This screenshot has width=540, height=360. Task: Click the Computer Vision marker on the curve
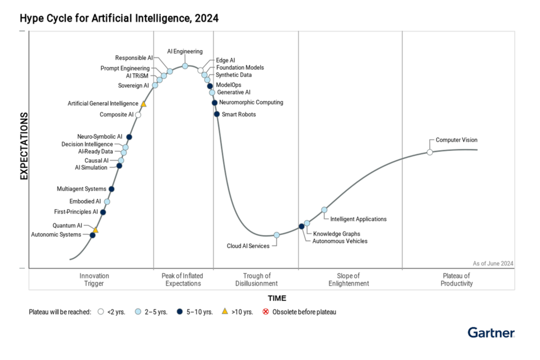point(429,152)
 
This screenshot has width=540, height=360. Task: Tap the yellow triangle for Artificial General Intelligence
point(143,104)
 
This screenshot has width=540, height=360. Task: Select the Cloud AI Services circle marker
point(277,235)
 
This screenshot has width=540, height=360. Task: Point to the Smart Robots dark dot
point(217,114)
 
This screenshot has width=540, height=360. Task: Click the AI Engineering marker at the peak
point(185,66)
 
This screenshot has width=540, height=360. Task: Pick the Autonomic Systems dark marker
point(92,235)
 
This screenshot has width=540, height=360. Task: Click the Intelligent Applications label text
point(358,219)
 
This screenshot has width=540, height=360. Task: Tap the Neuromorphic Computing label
point(251,102)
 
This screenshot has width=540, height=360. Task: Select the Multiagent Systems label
point(81,189)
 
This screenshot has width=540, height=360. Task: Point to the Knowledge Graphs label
point(337,233)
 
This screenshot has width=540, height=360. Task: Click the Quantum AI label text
point(67,226)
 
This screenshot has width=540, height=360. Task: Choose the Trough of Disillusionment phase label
point(257,279)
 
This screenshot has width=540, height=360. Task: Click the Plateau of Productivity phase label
point(457,279)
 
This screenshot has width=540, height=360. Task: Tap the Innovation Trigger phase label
point(94,279)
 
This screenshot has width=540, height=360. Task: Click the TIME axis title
point(277,298)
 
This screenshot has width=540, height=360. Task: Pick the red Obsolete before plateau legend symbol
point(266,312)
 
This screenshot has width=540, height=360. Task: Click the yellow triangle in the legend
point(225,312)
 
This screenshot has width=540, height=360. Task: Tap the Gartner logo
point(491,333)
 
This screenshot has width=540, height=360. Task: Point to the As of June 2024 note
point(493,264)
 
